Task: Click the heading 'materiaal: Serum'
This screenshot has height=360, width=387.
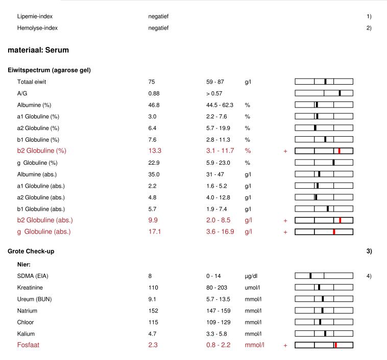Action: click(38, 50)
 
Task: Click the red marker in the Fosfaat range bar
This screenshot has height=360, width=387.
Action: click(335, 345)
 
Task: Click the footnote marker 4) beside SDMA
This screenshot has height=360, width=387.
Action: click(369, 276)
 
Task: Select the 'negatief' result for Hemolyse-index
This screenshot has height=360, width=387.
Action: click(158, 28)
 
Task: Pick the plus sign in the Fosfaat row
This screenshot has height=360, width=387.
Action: click(285, 345)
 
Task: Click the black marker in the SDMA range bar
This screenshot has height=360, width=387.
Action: click(310, 276)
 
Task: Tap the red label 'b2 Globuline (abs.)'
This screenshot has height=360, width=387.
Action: click(45, 220)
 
